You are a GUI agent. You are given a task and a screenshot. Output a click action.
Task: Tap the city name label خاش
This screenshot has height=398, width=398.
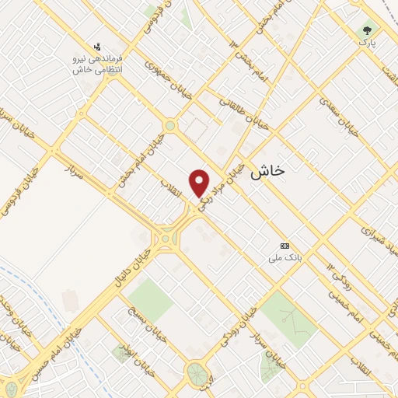(267, 172)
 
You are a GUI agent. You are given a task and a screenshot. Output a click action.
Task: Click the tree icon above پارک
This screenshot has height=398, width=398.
(367, 31)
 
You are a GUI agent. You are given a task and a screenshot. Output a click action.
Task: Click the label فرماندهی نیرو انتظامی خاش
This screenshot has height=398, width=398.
(97, 64)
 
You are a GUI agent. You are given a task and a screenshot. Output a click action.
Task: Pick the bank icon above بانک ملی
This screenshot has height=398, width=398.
(284, 245)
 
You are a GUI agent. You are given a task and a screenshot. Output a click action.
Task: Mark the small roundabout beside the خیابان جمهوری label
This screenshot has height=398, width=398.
(169, 125)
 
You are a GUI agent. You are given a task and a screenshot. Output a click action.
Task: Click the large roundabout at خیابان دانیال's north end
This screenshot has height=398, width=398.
(166, 238)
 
